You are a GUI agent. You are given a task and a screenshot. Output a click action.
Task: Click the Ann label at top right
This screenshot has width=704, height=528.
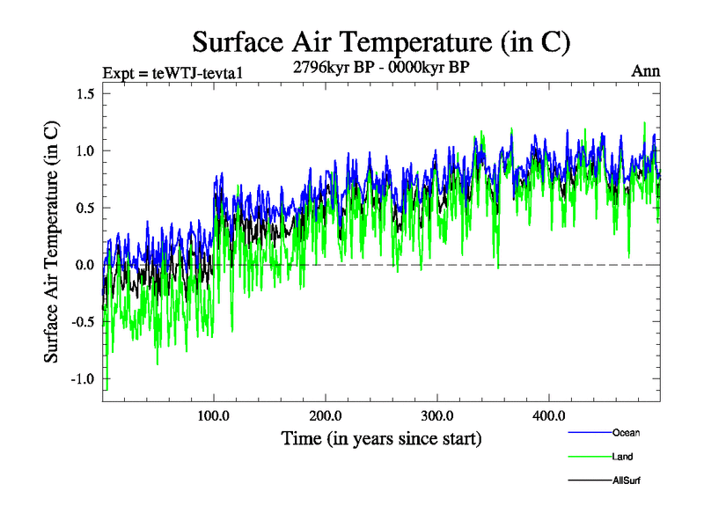pos(645,71)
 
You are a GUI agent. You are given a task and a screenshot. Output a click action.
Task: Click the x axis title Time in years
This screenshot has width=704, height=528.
pos(381,438)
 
